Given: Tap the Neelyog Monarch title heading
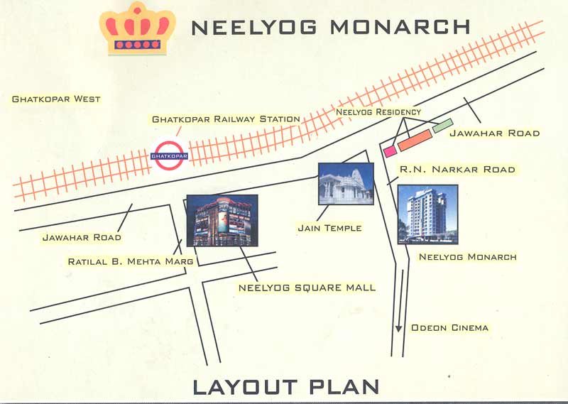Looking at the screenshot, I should pos(332,28).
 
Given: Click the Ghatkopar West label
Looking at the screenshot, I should pos(56,99).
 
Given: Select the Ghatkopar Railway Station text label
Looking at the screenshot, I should pos(226,119).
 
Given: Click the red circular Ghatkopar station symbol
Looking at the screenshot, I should pos(170,155).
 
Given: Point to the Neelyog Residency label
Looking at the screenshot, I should pos(378,112).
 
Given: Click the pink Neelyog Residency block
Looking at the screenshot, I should pos(389,151).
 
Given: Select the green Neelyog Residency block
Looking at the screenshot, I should pos(442,126).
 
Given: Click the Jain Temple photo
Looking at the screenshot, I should pos(346,184).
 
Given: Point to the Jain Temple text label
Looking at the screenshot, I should pos(329,228).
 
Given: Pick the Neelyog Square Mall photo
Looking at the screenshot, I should pos(222,220).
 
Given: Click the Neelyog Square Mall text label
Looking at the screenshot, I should pos(307,288).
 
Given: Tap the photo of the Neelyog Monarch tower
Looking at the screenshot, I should pos(427,214).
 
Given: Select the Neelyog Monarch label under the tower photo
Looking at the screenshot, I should pos(467,256).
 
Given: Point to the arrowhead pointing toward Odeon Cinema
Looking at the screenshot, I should pos(399,328).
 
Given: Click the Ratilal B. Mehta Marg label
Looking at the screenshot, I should pos(130,261).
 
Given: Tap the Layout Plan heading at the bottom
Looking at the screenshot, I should pos(285,387).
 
